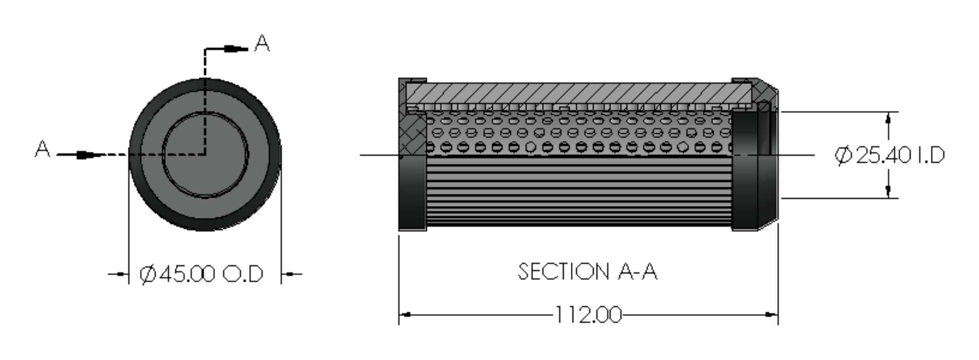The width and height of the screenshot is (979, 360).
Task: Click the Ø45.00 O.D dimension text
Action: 201,274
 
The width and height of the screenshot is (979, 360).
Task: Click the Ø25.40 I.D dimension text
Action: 889,155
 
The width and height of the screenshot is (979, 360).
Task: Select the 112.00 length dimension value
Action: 588,315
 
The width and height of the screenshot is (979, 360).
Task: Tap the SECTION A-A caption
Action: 587,272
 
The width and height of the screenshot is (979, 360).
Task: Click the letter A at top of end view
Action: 262,44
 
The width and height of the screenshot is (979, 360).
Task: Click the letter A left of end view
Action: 42,149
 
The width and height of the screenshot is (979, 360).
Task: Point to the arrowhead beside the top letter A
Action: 236,49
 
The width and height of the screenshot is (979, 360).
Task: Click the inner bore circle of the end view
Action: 205,155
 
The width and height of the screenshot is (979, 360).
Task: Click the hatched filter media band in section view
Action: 577,94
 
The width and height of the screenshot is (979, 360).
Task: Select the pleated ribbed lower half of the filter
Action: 577,191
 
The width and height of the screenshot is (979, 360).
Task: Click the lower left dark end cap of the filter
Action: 412,193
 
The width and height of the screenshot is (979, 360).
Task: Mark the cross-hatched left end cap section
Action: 412,132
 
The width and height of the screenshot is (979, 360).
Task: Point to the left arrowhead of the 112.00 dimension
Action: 405,315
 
